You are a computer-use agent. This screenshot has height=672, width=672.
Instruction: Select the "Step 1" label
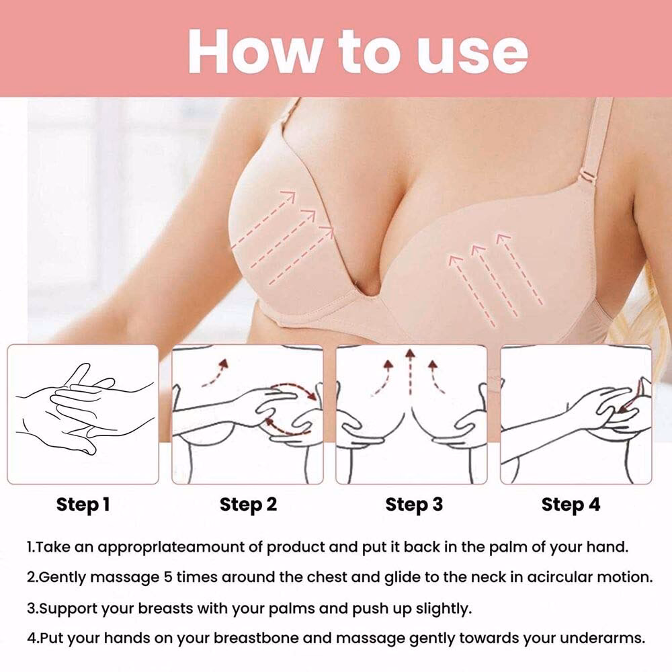click(83, 505)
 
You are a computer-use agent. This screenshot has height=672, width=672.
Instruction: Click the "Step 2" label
click(248, 505)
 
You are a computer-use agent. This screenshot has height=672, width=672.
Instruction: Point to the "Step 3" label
click(414, 505)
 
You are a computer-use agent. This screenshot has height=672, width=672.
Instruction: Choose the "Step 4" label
click(571, 505)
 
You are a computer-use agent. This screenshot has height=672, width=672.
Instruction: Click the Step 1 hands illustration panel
click(83, 414)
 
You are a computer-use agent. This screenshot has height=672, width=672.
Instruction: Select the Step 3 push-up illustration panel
click(411, 414)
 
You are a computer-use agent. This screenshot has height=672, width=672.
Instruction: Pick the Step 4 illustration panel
click(576, 414)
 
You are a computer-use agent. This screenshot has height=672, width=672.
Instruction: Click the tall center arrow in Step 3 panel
click(409, 376)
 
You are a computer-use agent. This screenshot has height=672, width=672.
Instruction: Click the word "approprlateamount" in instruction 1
click(179, 547)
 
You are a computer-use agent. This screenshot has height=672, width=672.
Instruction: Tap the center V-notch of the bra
click(371, 293)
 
